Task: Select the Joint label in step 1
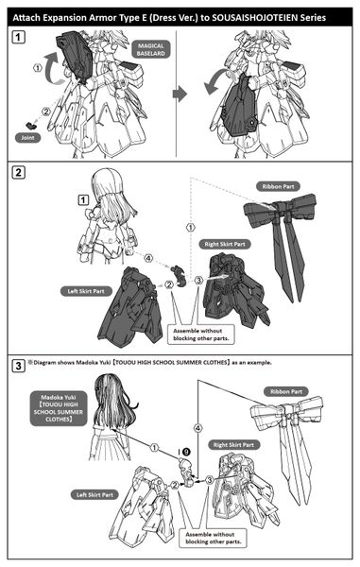coord(28,137)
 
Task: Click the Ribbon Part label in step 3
coord(309,391)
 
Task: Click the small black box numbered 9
coord(185,452)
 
